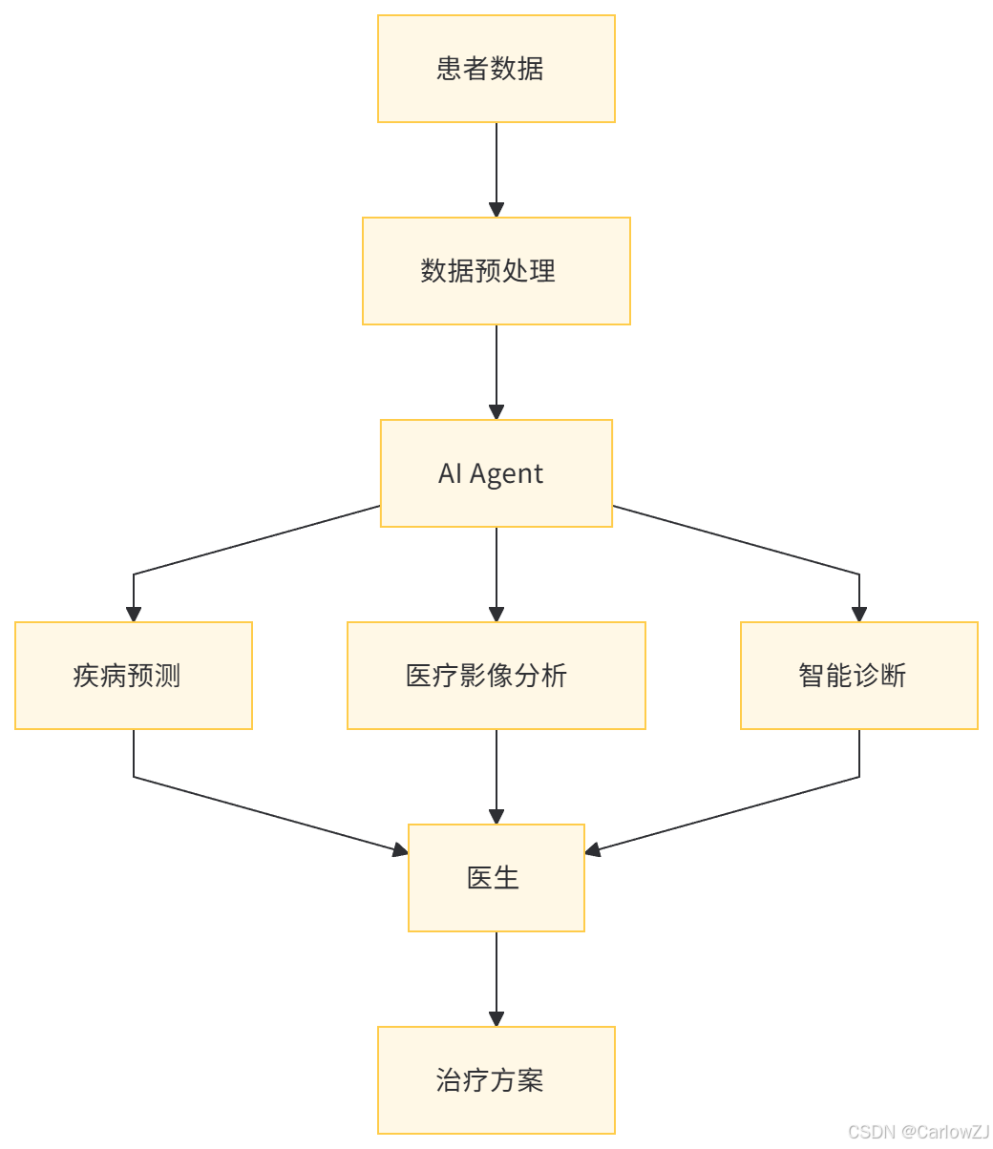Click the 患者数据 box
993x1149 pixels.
[x=496, y=69]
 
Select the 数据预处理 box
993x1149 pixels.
[x=496, y=271]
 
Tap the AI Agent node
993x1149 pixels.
[x=496, y=473]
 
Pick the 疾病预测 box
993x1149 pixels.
[x=134, y=676]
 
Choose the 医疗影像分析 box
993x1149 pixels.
[x=496, y=676]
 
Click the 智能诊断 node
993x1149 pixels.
[x=859, y=676]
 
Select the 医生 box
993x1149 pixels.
[x=496, y=878]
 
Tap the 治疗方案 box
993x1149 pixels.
[x=496, y=1080]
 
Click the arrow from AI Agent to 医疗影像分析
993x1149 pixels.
[x=496, y=573]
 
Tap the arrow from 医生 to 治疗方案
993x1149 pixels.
[x=496, y=977]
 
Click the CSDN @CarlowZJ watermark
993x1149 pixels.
[x=917, y=1131]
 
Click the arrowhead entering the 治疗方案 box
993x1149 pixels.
[x=496, y=1018]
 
